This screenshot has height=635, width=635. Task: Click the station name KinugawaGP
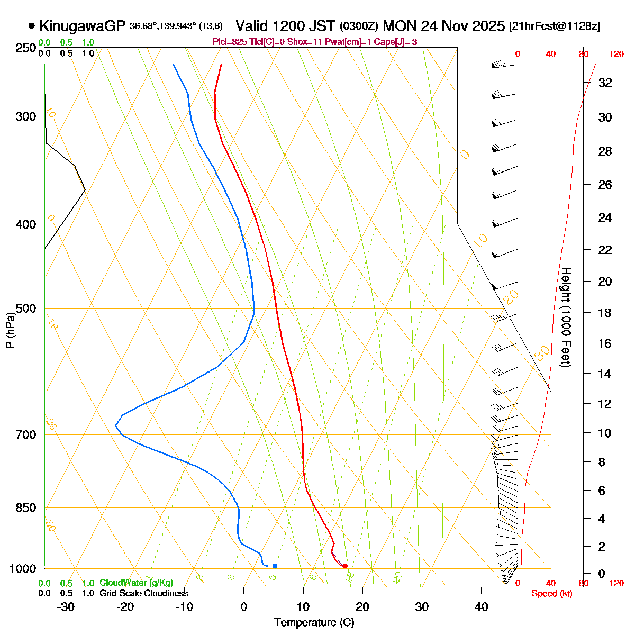click(83, 26)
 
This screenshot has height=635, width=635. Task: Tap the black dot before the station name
click(32, 25)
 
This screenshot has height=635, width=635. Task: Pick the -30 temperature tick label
click(66, 607)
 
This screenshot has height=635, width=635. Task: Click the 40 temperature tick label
click(481, 607)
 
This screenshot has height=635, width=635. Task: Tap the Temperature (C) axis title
click(314, 623)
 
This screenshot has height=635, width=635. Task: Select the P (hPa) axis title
click(10, 329)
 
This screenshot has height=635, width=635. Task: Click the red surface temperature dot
click(345, 566)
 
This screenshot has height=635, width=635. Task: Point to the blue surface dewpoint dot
click(275, 566)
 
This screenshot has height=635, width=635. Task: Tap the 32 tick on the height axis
click(605, 83)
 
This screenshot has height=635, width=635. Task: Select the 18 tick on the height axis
click(605, 313)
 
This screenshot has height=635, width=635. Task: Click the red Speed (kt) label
click(552, 594)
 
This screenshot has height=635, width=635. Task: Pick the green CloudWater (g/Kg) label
click(136, 583)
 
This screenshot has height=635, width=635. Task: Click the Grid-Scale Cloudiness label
click(143, 594)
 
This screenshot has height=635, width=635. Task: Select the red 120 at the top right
click(616, 54)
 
